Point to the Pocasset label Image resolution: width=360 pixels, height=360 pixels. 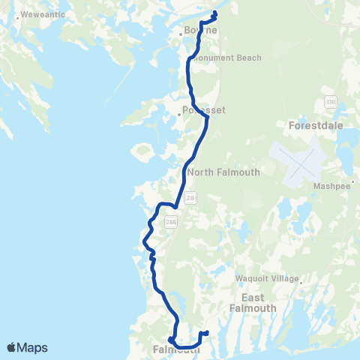204,109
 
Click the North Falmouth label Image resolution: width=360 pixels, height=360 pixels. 223,172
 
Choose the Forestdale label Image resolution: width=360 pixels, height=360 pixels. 321,126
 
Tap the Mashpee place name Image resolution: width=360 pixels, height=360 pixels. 327,187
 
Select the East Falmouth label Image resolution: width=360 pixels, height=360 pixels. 253,303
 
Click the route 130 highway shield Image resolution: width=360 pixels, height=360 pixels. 330,100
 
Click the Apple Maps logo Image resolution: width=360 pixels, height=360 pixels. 27,347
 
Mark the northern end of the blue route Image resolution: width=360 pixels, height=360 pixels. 215,13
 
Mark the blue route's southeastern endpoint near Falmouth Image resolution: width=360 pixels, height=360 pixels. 205,332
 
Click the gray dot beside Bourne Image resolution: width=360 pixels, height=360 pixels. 181,33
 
